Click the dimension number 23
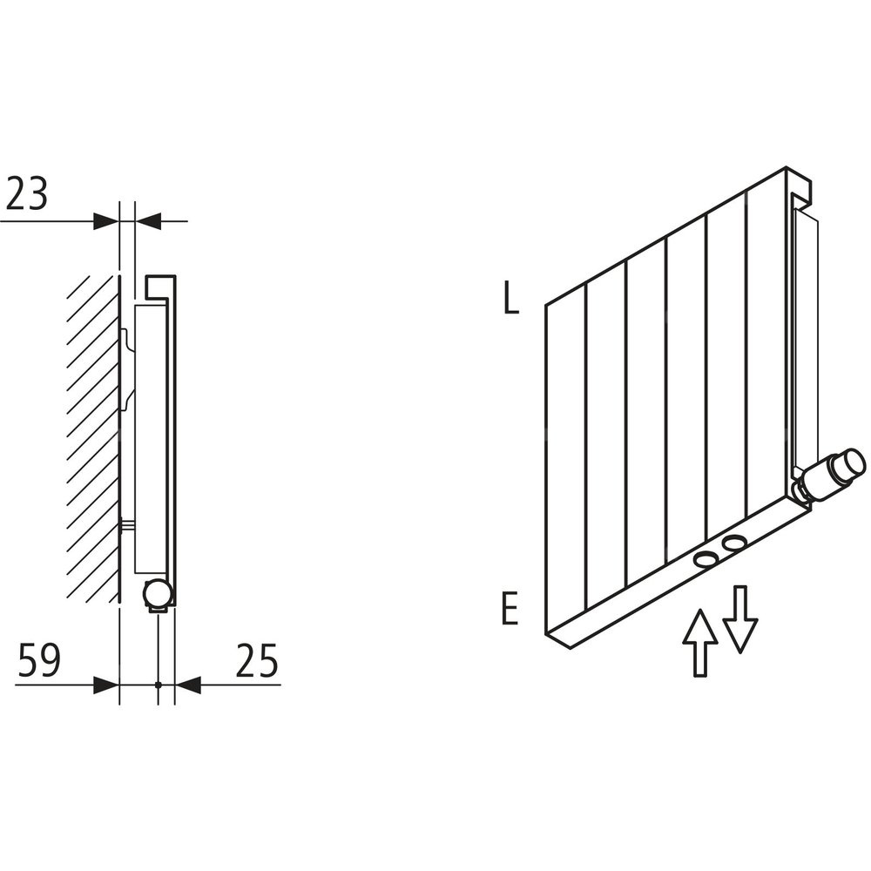coord(27,194)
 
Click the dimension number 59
coord(39,660)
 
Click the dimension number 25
coord(257,660)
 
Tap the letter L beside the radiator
coord(510,299)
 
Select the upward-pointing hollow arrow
coord(700,642)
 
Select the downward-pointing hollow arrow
coord(739,618)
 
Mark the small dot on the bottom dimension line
coord(159,685)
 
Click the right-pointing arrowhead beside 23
coord(106,220)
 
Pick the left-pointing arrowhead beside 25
coord(188,685)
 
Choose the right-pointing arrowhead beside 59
coord(106,685)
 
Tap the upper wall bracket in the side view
coord(127,369)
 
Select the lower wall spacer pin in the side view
coord(127,524)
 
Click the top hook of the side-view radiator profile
coord(161,287)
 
